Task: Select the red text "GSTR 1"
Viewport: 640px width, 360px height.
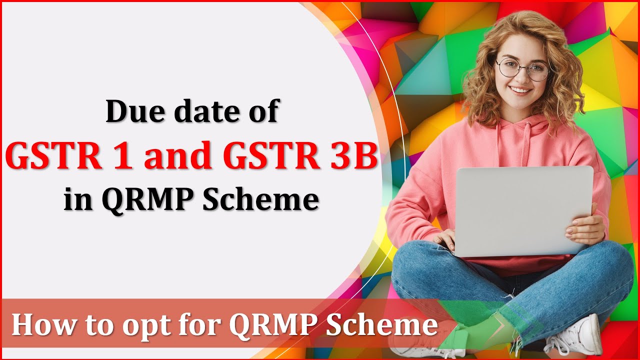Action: point(70,156)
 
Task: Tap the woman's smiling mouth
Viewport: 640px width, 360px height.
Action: point(521,91)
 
